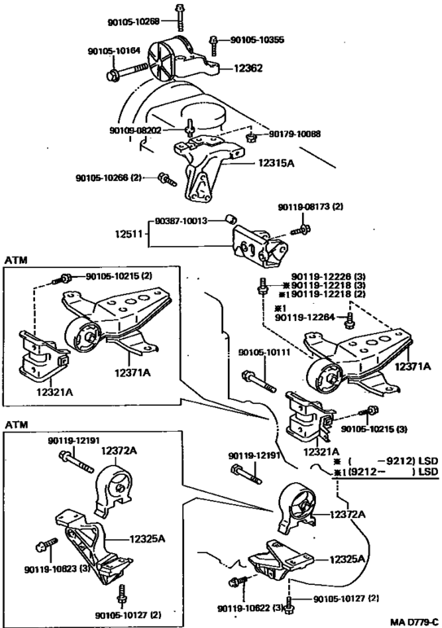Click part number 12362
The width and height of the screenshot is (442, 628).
tap(247, 68)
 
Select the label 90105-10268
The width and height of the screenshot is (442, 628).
tap(133, 22)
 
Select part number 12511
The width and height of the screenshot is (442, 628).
tap(129, 233)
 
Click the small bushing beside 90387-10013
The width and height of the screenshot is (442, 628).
tap(230, 219)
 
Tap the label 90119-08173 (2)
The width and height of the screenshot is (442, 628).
tap(311, 207)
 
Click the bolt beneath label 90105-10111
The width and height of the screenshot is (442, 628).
tap(259, 382)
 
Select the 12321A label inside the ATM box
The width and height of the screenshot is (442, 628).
tap(55, 392)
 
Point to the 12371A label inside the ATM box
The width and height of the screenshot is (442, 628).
tap(132, 373)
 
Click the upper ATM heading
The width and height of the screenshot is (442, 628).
tap(16, 261)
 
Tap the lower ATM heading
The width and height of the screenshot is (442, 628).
tap(16, 424)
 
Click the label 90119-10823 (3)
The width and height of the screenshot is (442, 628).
tap(57, 569)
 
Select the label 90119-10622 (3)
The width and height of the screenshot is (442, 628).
tap(251, 608)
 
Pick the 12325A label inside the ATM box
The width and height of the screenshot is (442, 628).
tap(147, 539)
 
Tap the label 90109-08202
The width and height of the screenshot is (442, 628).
tap(135, 130)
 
